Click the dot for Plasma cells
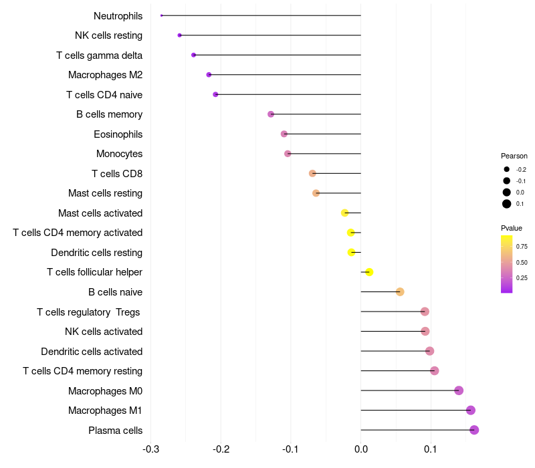click(474, 430)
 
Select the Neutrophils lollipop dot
click(162, 15)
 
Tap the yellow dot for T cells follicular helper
click(368, 272)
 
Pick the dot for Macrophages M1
click(471, 411)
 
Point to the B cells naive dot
click(400, 291)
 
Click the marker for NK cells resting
click(179, 35)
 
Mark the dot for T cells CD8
click(312, 173)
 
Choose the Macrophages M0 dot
click(459, 390)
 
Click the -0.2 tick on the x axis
click(221, 449)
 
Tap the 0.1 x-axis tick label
click(431, 449)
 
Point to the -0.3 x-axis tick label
click(151, 449)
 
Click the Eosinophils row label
click(118, 134)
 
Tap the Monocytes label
click(119, 154)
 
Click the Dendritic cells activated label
click(92, 351)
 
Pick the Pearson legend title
click(514, 156)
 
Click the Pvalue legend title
click(512, 228)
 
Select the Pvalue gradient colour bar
click(507, 263)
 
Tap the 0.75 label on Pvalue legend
click(522, 247)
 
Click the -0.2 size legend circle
click(507, 170)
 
